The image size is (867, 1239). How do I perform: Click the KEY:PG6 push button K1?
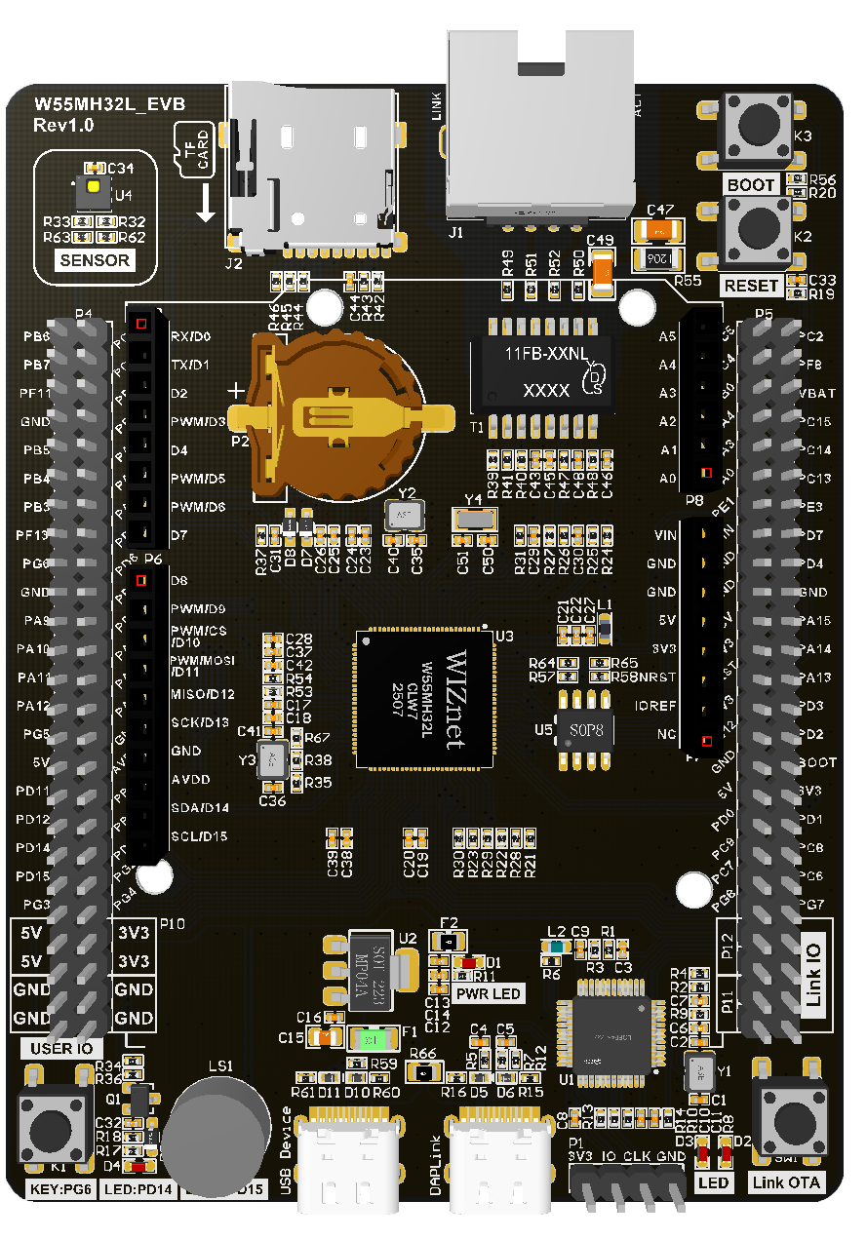[49, 1128]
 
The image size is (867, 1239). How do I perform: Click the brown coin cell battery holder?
[336, 410]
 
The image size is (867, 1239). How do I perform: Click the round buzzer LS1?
[216, 1130]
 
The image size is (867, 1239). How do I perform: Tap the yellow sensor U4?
[94, 187]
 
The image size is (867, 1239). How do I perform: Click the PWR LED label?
[486, 993]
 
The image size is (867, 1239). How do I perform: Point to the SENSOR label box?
[95, 260]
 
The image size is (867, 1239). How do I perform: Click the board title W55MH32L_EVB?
[109, 105]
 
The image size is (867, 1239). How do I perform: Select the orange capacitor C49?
[602, 273]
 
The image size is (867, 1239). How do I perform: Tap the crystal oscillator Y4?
[474, 519]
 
